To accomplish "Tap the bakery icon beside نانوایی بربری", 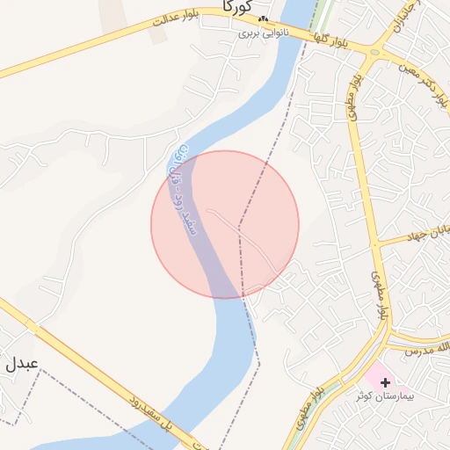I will [263, 19].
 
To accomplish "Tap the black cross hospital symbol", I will [385, 382].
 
